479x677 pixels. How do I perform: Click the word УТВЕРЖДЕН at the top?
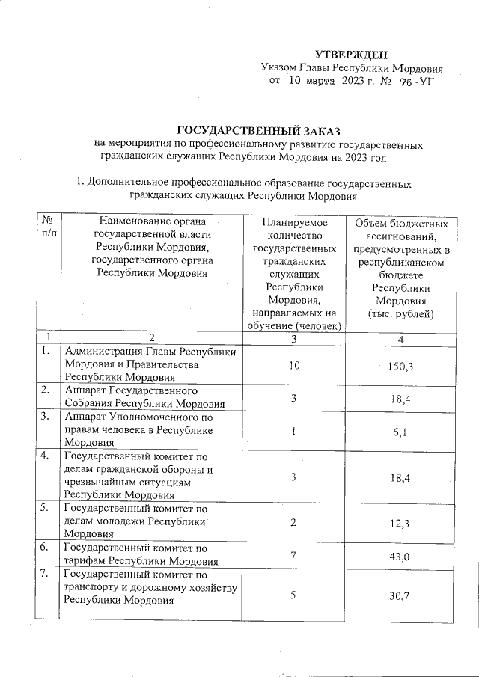351,54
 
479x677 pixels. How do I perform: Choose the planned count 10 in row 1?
294,365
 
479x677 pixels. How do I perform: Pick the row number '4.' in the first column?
47,456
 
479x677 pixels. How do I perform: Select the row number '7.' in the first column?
47,575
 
